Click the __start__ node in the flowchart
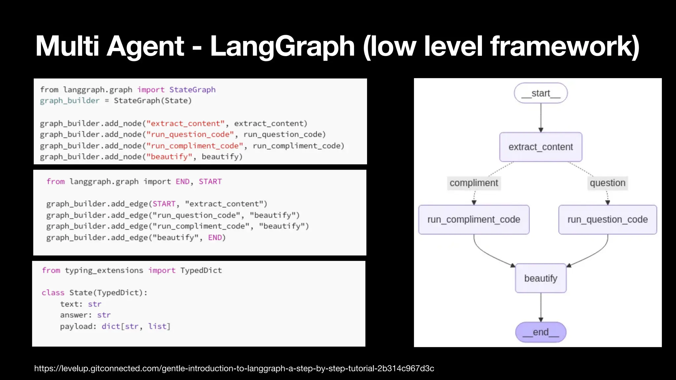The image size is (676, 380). (x=541, y=93)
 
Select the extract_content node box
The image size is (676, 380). (x=541, y=147)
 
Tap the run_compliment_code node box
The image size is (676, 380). (x=474, y=220)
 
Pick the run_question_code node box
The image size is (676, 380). (x=607, y=220)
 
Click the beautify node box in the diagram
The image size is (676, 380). (x=541, y=278)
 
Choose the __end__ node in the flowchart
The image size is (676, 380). (x=541, y=332)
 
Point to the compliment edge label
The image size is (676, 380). (x=474, y=183)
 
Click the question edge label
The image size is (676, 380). (x=607, y=183)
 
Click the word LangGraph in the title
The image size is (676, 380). (x=282, y=47)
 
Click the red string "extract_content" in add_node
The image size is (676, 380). (x=186, y=124)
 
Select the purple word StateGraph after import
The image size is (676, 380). (x=192, y=90)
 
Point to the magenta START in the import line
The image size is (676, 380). (x=210, y=182)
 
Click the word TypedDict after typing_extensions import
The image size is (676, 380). (x=201, y=270)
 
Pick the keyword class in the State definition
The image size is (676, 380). (x=53, y=293)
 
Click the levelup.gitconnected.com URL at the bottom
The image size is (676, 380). (x=234, y=368)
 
